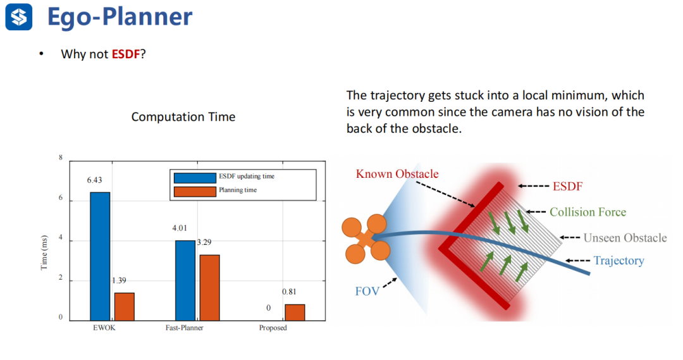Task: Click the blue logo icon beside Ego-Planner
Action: [19, 17]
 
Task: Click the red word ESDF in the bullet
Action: [125, 54]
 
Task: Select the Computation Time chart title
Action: [183, 117]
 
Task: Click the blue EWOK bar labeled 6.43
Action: [100, 256]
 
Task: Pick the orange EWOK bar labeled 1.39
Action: [125, 307]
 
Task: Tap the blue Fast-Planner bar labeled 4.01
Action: [185, 281]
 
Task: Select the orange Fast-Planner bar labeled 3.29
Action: [209, 288]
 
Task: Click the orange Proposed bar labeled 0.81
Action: [295, 313]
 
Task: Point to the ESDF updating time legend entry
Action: [224, 177]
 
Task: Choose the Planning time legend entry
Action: [215, 191]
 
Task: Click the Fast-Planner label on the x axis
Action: [184, 328]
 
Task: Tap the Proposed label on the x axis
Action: [273, 328]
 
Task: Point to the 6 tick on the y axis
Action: [61, 198]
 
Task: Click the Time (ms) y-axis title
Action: [44, 253]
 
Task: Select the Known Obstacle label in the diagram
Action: [397, 174]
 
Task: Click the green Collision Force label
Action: [588, 212]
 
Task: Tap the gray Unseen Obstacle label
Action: [625, 237]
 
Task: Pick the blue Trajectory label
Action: [618, 261]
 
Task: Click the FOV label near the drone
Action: [367, 291]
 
